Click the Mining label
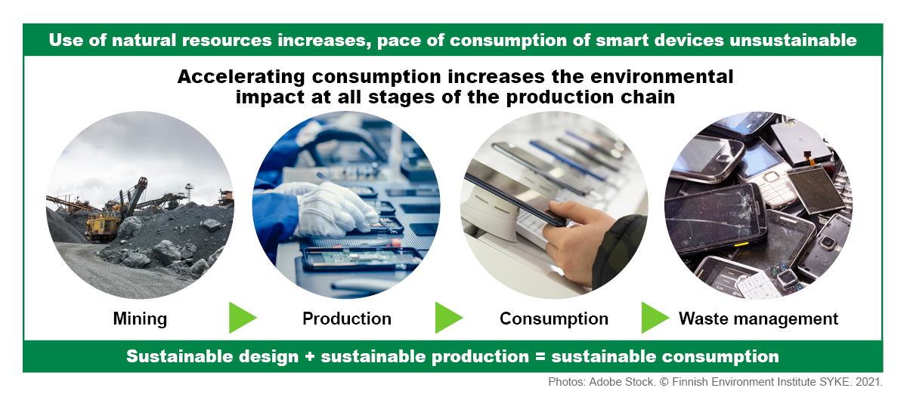click(x=140, y=319)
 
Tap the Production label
click(x=347, y=319)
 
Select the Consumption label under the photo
click(x=553, y=319)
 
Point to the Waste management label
click(x=758, y=319)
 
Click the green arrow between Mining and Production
click(x=242, y=317)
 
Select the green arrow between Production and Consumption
click(x=449, y=317)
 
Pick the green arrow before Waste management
click(x=655, y=317)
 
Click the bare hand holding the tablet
click(x=579, y=239)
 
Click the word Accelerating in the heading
click(x=241, y=77)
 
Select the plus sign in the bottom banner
click(x=309, y=357)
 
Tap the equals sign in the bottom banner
click(x=540, y=357)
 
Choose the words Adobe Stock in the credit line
click(x=621, y=382)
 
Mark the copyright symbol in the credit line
click(x=664, y=382)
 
